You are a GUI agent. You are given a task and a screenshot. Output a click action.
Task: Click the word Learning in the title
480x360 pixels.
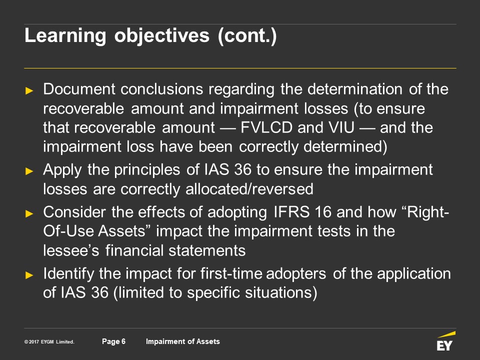(x=65, y=36)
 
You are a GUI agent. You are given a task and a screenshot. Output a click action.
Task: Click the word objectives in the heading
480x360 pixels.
(x=162, y=36)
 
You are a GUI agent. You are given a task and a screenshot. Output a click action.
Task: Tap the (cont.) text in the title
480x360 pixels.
(x=247, y=36)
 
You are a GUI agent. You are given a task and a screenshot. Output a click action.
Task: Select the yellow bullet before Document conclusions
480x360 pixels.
(x=29, y=90)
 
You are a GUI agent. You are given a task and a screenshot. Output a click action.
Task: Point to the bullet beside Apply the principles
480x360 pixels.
(x=29, y=171)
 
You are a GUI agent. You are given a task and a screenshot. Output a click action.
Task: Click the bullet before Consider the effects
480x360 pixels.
(x=29, y=213)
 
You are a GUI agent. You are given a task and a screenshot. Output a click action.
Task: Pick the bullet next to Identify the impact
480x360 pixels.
(x=29, y=274)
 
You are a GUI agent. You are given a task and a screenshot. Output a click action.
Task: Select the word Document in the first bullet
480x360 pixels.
(x=79, y=89)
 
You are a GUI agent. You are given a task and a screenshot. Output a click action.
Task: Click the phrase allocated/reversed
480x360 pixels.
(x=249, y=189)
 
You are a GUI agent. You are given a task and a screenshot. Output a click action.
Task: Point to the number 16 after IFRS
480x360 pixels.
(x=323, y=212)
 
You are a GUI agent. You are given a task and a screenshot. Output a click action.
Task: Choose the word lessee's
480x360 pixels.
(x=71, y=250)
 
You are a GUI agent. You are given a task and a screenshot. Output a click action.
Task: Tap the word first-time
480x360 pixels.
(x=231, y=273)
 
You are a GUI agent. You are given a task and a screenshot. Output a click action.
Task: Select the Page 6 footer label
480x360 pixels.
(x=113, y=341)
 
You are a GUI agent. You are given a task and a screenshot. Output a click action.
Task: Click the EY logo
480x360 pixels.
(x=445, y=341)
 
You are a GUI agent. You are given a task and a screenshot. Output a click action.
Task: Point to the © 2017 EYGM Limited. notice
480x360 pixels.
(x=49, y=341)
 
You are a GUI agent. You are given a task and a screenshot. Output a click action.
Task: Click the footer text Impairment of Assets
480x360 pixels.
(x=183, y=341)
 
